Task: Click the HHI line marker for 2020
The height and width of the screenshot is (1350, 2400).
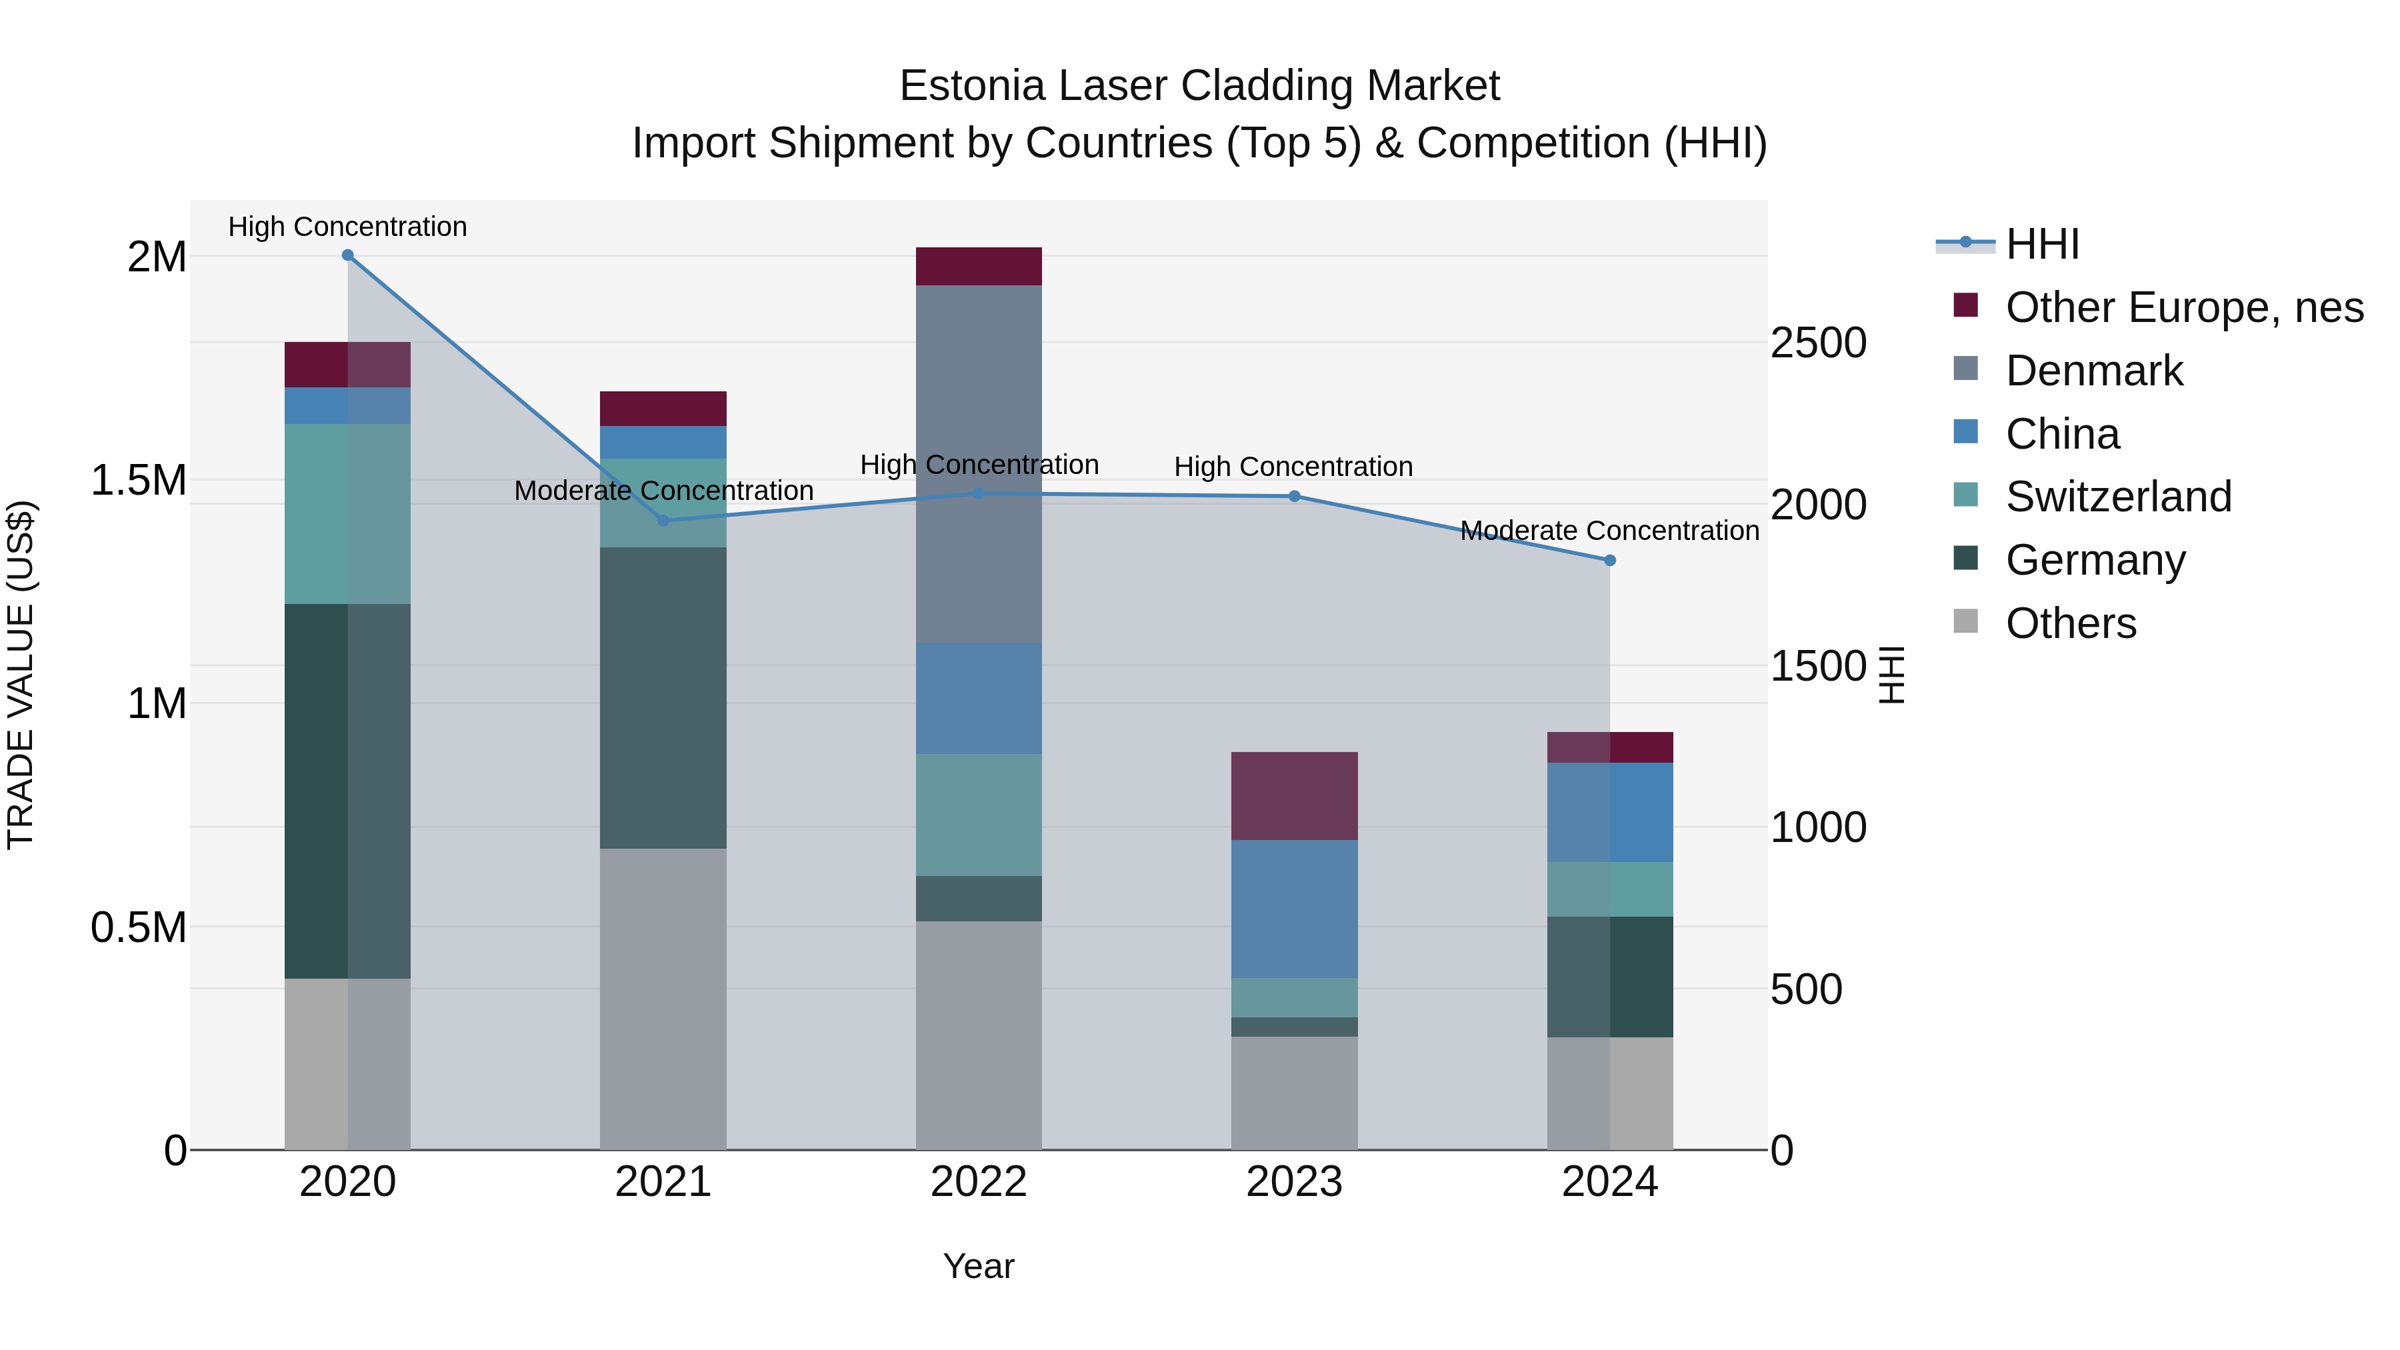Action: coord(347,255)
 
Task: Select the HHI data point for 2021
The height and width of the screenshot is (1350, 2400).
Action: coord(663,521)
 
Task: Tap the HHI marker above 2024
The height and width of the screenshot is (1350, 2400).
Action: coord(1610,561)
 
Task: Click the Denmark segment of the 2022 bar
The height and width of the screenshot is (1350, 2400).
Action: coord(978,464)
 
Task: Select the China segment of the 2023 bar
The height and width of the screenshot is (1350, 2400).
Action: coord(1294,909)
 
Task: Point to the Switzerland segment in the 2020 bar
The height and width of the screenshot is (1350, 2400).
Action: coord(347,513)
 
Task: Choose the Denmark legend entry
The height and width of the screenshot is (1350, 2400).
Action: coord(2093,371)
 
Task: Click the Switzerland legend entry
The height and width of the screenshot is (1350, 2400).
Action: coord(2118,497)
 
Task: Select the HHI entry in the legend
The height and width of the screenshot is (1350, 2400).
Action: coord(2042,244)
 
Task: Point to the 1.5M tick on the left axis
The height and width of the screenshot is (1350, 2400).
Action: coord(139,481)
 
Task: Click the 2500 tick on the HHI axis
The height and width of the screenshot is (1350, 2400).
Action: coord(1819,343)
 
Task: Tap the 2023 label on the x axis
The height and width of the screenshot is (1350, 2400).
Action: coord(1294,1182)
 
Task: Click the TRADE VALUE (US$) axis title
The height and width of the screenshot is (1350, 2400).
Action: coord(21,675)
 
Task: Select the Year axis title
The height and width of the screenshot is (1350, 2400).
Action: coord(978,1266)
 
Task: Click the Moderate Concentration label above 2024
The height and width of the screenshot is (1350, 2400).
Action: coord(1609,531)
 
